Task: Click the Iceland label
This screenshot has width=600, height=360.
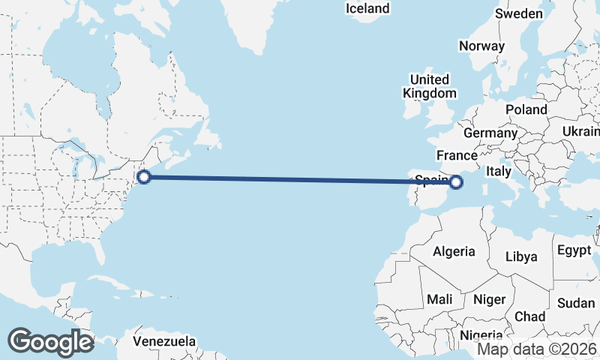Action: point(367,9)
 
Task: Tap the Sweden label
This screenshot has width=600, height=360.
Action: point(519,14)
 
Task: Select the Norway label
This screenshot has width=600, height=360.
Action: point(481,46)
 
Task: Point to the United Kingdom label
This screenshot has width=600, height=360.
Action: point(429,86)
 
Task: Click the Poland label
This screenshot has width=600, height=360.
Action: point(526,109)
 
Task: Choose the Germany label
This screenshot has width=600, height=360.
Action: point(490,133)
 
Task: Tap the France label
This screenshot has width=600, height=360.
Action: point(457,156)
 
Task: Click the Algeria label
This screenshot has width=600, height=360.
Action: point(453,251)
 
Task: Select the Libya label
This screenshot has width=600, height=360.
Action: point(521,256)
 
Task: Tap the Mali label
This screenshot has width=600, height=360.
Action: point(439,299)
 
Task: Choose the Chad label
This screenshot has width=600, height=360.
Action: point(529,316)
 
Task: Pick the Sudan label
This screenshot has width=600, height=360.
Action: point(576,303)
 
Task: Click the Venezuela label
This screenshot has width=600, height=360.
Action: point(164,341)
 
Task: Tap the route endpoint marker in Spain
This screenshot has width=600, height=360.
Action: point(456,181)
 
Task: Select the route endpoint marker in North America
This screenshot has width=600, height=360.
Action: point(144,177)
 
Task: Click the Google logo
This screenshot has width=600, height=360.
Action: point(50,342)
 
